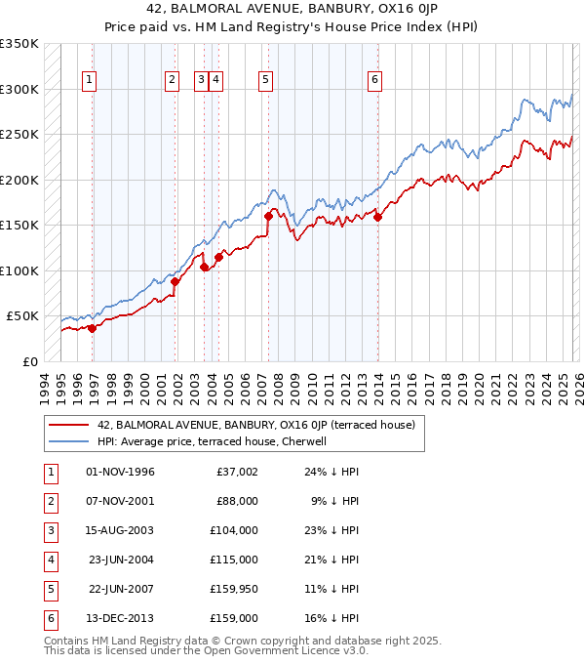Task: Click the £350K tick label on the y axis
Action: coord(19,44)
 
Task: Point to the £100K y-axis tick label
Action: coord(19,270)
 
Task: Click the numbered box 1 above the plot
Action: coord(89,81)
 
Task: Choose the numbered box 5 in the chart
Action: coord(265,81)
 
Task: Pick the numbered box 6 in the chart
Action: coord(374,81)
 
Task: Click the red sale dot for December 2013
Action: coord(377,218)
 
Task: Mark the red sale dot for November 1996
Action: coord(93,328)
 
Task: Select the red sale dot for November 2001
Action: coord(175,281)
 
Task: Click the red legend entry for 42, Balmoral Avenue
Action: coord(256,425)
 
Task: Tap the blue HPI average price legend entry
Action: coord(216,441)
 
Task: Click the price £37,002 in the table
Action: coord(237,473)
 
